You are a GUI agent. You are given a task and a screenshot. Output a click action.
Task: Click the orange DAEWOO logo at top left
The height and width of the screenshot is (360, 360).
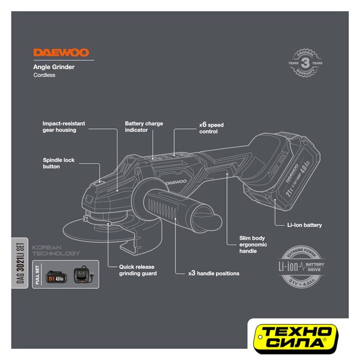[x=61, y=53]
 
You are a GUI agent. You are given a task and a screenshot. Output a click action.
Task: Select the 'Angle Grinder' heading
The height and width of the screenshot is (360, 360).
[x=54, y=67]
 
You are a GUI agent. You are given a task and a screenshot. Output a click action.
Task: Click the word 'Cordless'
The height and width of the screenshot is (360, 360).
[x=44, y=75]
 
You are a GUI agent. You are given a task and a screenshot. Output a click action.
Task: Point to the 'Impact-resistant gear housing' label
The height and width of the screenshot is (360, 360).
[x=59, y=126]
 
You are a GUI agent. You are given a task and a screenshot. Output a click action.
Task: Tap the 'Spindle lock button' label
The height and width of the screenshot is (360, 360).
[x=58, y=163]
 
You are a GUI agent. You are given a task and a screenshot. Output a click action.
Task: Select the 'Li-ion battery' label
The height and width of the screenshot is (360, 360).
[x=304, y=225]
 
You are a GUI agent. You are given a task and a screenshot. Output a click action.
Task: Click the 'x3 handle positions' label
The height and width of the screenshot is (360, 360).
[x=213, y=273]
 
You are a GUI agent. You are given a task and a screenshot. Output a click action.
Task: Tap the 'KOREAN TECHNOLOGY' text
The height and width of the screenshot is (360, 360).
[x=56, y=250]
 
